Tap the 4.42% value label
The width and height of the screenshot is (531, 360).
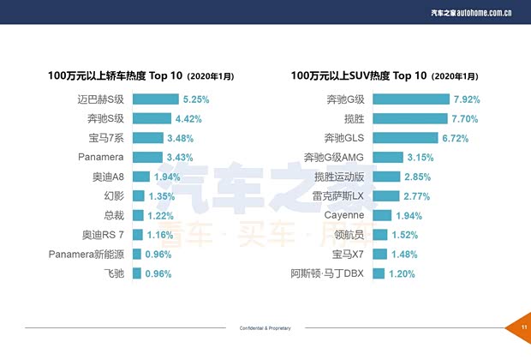[188, 118]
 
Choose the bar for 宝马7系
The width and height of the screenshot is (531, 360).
[147, 138]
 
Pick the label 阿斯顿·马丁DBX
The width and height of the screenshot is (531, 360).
[328, 274]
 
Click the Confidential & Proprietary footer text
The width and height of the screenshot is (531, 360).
[265, 328]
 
